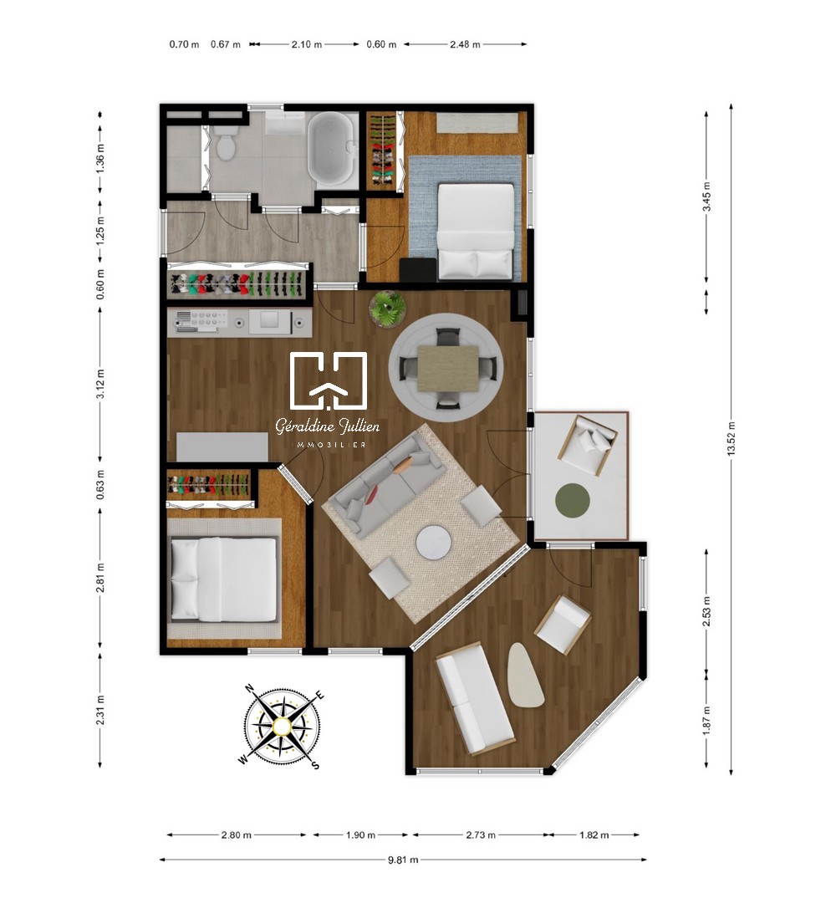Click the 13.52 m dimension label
[x=731, y=439]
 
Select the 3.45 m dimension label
[x=706, y=196]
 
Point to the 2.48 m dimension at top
[x=465, y=43]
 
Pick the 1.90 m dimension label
[x=360, y=835]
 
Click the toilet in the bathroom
[x=225, y=142]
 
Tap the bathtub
[x=329, y=148]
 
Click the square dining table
[x=448, y=369]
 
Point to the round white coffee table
[x=434, y=543]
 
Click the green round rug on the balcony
[x=573, y=500]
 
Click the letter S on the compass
[x=315, y=765]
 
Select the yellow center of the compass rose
[x=282, y=727]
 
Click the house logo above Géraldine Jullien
[x=329, y=380]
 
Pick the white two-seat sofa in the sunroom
[x=474, y=697]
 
